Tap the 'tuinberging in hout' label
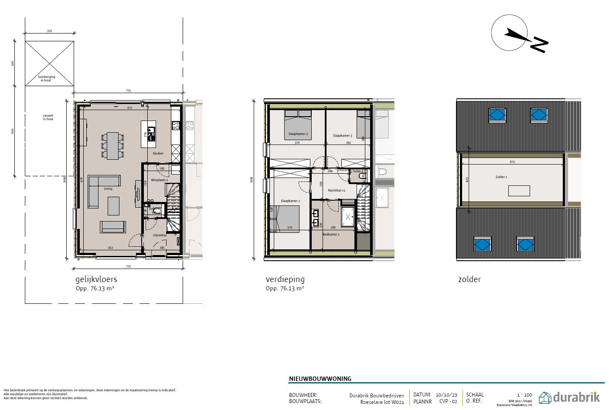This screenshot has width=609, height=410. [47, 79]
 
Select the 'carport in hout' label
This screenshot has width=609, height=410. [48, 118]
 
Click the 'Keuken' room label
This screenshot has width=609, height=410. [158, 153]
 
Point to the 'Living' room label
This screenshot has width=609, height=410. [108, 188]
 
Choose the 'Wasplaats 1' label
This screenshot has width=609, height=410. [159, 180]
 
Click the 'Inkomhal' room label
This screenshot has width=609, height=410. [160, 235]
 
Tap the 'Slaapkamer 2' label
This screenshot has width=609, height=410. [298, 134]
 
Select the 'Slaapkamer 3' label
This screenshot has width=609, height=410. [342, 135]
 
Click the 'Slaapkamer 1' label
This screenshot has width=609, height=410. [290, 201]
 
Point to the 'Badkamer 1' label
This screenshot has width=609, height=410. [331, 234]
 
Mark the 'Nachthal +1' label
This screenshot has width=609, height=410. [337, 190]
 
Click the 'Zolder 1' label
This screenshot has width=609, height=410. [501, 177]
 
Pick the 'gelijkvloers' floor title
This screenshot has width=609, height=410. [96, 279]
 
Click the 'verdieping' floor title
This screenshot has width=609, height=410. [285, 279]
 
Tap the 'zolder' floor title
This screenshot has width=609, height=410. [469, 279]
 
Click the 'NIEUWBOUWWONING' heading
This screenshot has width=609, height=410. [320, 379]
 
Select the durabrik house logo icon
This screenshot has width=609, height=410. [545, 397]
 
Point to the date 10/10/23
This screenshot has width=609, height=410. [446, 395]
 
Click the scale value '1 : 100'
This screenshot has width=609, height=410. [524, 395]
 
